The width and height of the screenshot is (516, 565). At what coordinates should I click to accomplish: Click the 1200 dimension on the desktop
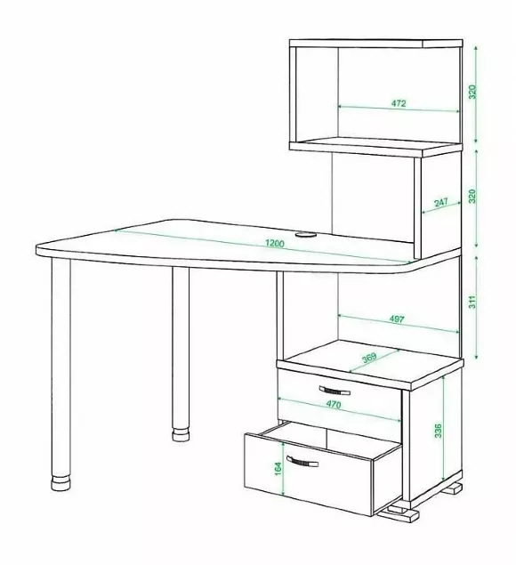point(275,243)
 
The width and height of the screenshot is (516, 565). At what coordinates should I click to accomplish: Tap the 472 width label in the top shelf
point(399,103)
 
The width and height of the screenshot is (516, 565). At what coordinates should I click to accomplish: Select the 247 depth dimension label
point(440,202)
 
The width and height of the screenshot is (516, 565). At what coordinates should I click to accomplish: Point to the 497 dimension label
point(397,319)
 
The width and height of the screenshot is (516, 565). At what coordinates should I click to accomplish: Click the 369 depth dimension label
point(369,357)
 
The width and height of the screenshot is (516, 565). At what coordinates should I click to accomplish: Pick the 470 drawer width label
point(334,405)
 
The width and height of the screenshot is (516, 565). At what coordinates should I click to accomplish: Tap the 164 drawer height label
point(278,469)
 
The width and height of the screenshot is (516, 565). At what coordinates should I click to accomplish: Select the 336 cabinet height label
point(438,431)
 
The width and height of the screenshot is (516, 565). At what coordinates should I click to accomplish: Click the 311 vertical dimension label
point(472,302)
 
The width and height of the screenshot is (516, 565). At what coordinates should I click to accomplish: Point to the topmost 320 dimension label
point(472,93)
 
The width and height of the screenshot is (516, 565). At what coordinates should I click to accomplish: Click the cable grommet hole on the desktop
point(305,235)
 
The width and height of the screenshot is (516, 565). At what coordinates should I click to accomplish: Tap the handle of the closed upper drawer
point(335,391)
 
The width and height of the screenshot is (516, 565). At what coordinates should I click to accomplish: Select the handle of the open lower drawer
point(302,462)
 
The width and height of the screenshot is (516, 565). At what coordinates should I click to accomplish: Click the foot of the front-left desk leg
point(60,483)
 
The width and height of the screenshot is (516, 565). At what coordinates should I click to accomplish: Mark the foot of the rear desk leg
point(181,434)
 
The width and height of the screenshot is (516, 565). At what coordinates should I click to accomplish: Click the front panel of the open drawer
point(309,474)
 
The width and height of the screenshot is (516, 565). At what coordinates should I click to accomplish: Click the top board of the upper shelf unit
point(375,44)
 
